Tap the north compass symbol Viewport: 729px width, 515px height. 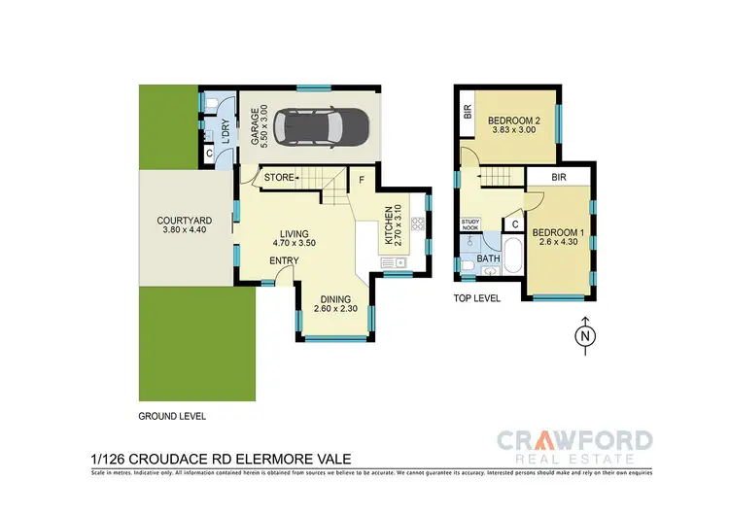tap(584, 335)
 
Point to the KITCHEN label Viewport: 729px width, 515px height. tap(387, 224)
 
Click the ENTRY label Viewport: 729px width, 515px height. tap(257, 260)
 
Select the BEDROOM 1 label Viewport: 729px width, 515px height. tap(554, 232)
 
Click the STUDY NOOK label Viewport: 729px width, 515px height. tap(471, 225)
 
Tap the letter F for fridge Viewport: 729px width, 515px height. tap(362, 179)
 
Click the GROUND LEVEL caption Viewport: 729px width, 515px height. tap(172, 415)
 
